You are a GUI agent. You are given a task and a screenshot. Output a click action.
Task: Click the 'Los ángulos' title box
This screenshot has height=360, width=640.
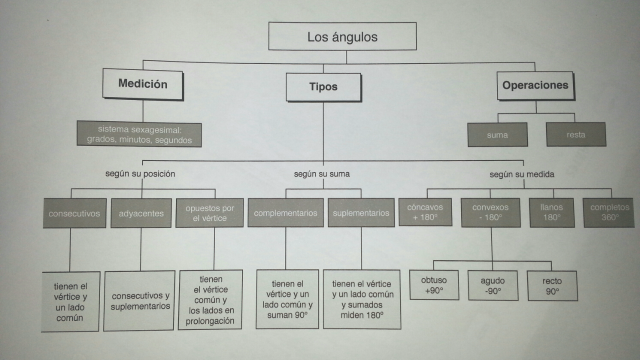[342, 36]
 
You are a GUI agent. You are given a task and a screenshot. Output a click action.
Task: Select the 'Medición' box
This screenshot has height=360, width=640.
[142, 84]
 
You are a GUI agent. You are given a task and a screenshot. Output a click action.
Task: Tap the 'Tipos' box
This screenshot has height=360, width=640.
[323, 87]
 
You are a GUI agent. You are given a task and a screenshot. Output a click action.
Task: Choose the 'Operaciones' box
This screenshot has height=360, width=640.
[535, 85]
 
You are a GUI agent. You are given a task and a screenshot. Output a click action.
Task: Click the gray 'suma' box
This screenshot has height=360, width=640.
[497, 134]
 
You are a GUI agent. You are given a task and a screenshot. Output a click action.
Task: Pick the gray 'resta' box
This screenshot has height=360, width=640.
[575, 134]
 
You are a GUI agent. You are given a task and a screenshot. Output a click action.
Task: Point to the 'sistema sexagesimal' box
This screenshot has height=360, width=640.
[139, 135]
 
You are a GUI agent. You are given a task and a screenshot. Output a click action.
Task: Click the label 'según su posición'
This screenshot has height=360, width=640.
[140, 174]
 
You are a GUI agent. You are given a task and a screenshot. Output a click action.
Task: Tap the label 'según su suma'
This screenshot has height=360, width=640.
[321, 174]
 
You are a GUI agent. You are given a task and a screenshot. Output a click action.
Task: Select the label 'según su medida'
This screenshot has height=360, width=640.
[521, 174]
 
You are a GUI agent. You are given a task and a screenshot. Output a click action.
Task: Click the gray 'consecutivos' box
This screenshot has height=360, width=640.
[74, 213]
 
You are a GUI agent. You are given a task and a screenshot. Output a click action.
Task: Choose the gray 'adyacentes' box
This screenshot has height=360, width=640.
[141, 213]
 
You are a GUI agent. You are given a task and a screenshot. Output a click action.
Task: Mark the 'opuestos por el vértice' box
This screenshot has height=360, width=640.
[209, 213]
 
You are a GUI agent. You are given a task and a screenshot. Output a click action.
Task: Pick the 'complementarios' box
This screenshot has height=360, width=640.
[285, 213]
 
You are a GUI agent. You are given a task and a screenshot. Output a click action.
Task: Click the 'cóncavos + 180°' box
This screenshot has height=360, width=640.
[425, 212]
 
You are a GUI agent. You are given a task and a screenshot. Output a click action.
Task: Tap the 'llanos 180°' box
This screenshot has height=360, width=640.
[551, 212]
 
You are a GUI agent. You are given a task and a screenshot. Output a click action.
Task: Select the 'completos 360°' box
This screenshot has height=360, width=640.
[609, 212]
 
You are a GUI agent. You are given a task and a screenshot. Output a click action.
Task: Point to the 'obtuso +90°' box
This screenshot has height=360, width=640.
[434, 285]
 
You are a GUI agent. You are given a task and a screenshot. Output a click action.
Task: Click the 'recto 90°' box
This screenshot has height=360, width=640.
[552, 286]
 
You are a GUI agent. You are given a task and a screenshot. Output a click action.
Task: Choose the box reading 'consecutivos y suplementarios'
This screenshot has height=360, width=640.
[140, 300]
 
